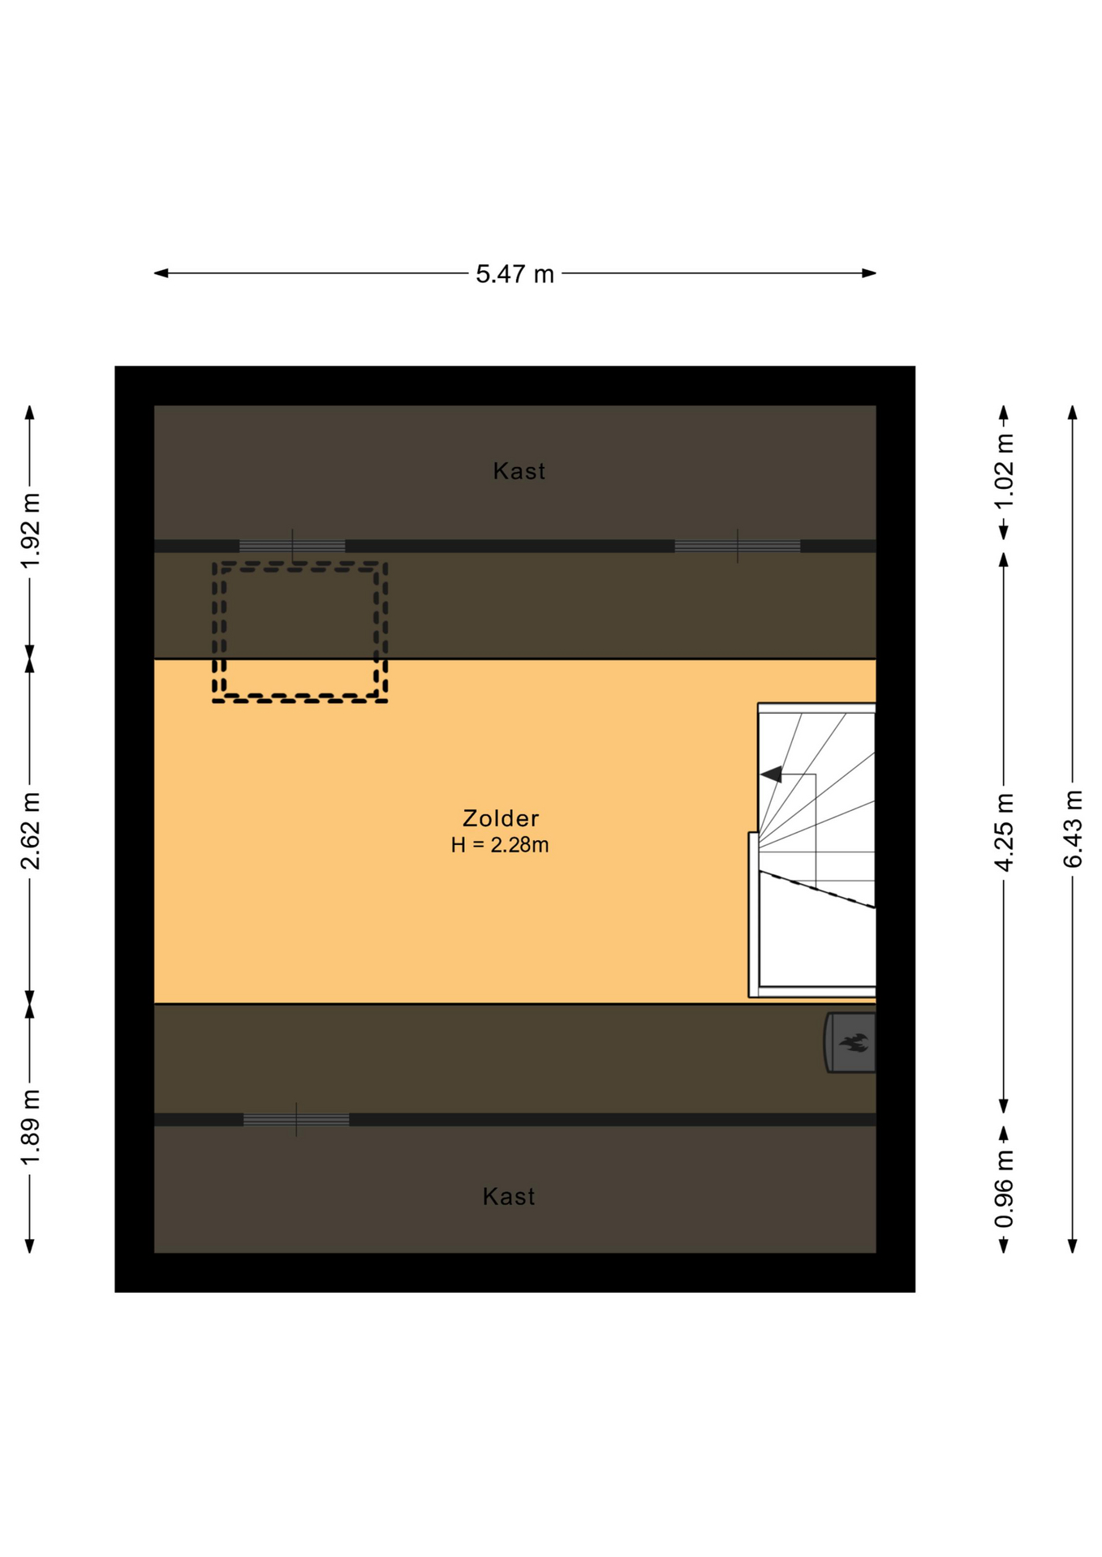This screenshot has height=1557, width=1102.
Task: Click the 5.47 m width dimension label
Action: pos(514,274)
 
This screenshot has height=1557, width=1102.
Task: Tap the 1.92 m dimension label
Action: pos(31,530)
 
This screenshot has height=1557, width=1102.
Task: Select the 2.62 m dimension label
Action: pos(31,830)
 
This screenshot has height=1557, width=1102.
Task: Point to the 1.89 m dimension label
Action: pos(31,1127)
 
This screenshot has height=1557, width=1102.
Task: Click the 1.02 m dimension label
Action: pos(1005,471)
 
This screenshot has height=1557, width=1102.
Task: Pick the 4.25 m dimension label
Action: pos(1005,832)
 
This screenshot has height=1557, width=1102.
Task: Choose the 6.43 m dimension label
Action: pos(1073,828)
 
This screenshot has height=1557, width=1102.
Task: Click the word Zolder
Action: pos(501,818)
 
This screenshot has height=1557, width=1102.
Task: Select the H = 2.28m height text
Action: pos(500,845)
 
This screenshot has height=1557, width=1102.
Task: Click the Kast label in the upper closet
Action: pos(519,471)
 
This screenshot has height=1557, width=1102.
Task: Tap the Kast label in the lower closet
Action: pos(509,1196)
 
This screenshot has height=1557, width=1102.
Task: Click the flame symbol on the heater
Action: pos(854,1042)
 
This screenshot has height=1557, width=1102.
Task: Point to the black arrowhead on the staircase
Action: pos(771,774)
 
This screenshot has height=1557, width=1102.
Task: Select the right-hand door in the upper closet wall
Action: pos(738,546)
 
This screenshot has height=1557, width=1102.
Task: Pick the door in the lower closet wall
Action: pos(296,1119)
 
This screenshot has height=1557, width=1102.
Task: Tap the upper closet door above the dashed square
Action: pos(292,546)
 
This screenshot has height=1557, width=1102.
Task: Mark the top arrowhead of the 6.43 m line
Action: pos(1073,412)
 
